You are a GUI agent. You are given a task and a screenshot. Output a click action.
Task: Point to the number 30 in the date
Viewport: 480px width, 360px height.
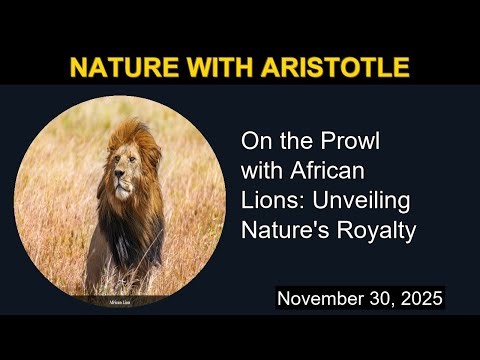coord(380,298)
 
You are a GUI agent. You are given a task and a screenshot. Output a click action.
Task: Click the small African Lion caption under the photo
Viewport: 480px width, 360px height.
coord(121,298)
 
